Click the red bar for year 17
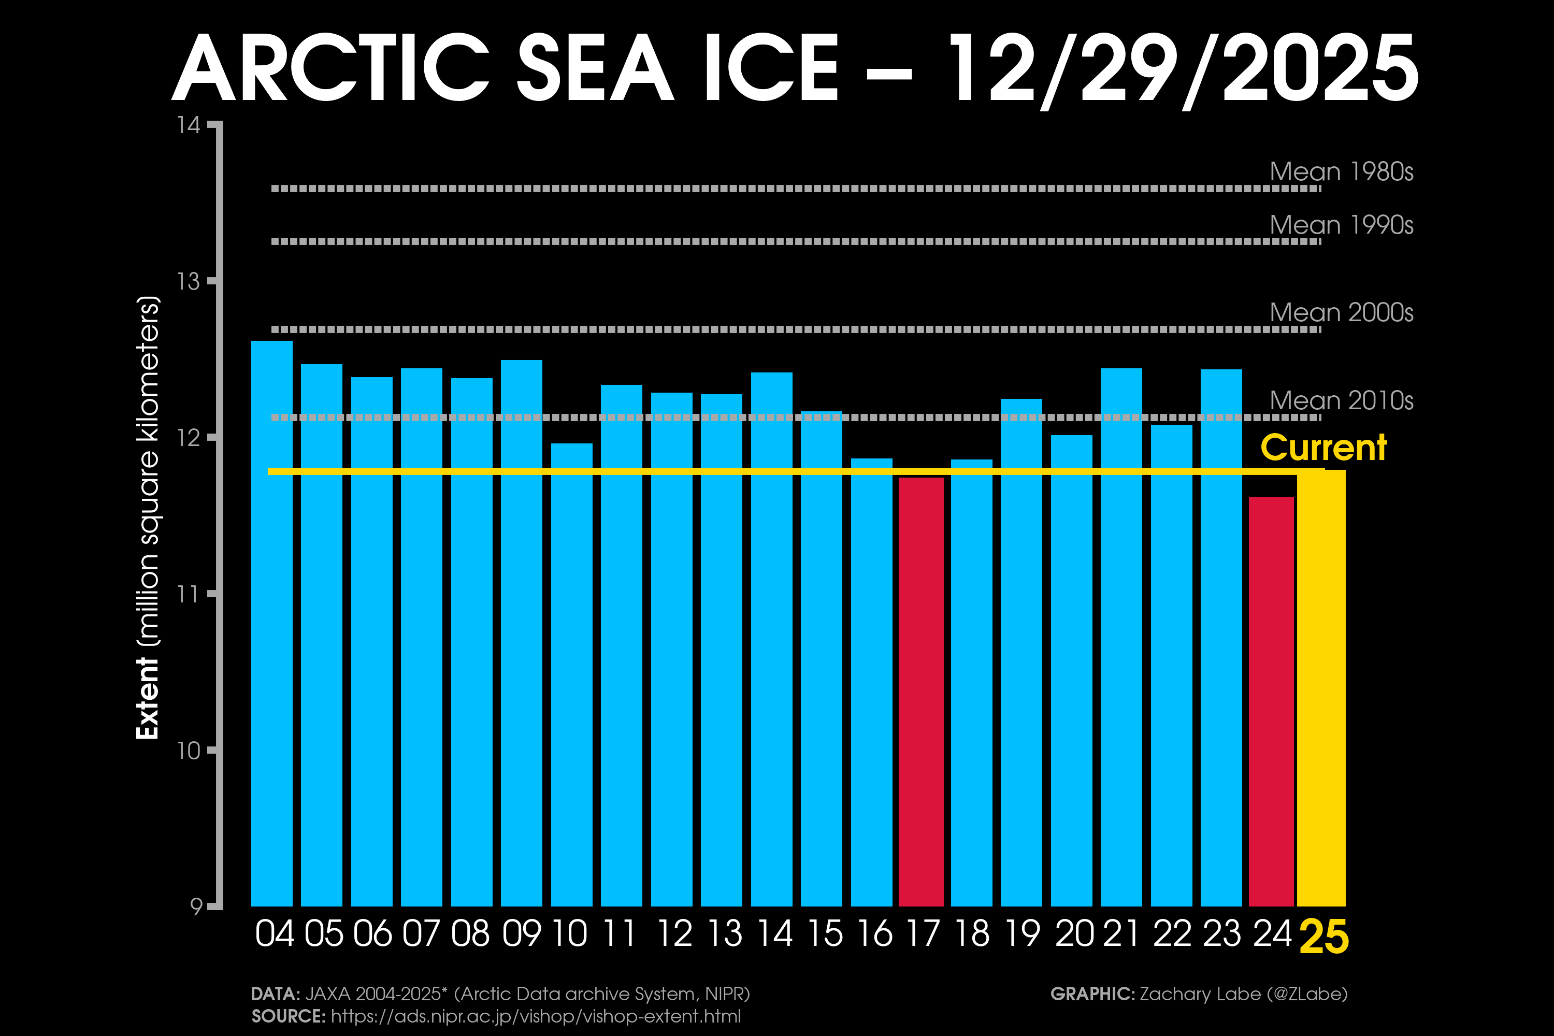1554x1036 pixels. click(x=921, y=691)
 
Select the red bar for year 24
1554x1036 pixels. click(x=1271, y=700)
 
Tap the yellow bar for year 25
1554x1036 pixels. click(x=1321, y=687)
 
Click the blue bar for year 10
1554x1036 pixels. click(x=571, y=674)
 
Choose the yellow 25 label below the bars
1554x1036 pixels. click(x=1323, y=937)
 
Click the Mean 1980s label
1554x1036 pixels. click(x=1341, y=172)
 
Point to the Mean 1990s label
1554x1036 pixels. click(x=1341, y=225)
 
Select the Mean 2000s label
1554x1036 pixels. click(x=1341, y=312)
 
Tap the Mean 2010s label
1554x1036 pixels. click(x=1341, y=400)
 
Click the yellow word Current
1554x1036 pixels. click(x=1323, y=448)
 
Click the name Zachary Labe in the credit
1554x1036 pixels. click(x=1199, y=994)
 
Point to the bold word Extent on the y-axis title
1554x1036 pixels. click(x=147, y=698)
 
